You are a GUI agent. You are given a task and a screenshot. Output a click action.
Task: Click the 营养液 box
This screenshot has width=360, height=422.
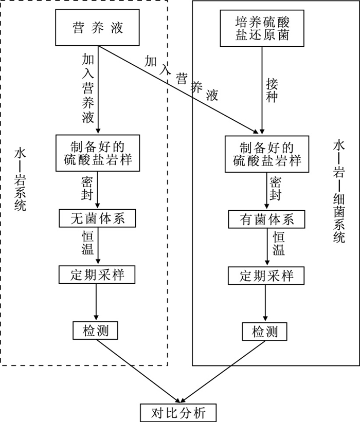click(x=97, y=28)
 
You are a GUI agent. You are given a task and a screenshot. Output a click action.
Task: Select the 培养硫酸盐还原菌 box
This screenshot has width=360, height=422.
click(x=262, y=28)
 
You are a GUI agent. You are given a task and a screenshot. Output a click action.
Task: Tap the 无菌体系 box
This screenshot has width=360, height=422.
click(x=97, y=219)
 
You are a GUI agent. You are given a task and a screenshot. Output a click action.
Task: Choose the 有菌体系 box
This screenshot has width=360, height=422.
click(x=266, y=219)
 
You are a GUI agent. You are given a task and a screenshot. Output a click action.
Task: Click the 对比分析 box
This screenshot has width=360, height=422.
click(x=179, y=412)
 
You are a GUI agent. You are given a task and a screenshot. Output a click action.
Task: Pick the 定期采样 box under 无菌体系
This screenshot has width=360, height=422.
click(x=97, y=274)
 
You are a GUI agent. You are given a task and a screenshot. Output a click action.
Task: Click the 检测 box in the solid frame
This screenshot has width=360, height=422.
click(x=265, y=331)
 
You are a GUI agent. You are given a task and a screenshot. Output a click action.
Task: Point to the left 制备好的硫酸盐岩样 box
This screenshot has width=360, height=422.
click(x=97, y=152)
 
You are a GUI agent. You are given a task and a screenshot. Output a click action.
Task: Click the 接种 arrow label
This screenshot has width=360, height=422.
click(x=272, y=89)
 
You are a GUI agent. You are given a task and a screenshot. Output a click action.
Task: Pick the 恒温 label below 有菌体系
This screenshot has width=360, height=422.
click(x=278, y=244)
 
